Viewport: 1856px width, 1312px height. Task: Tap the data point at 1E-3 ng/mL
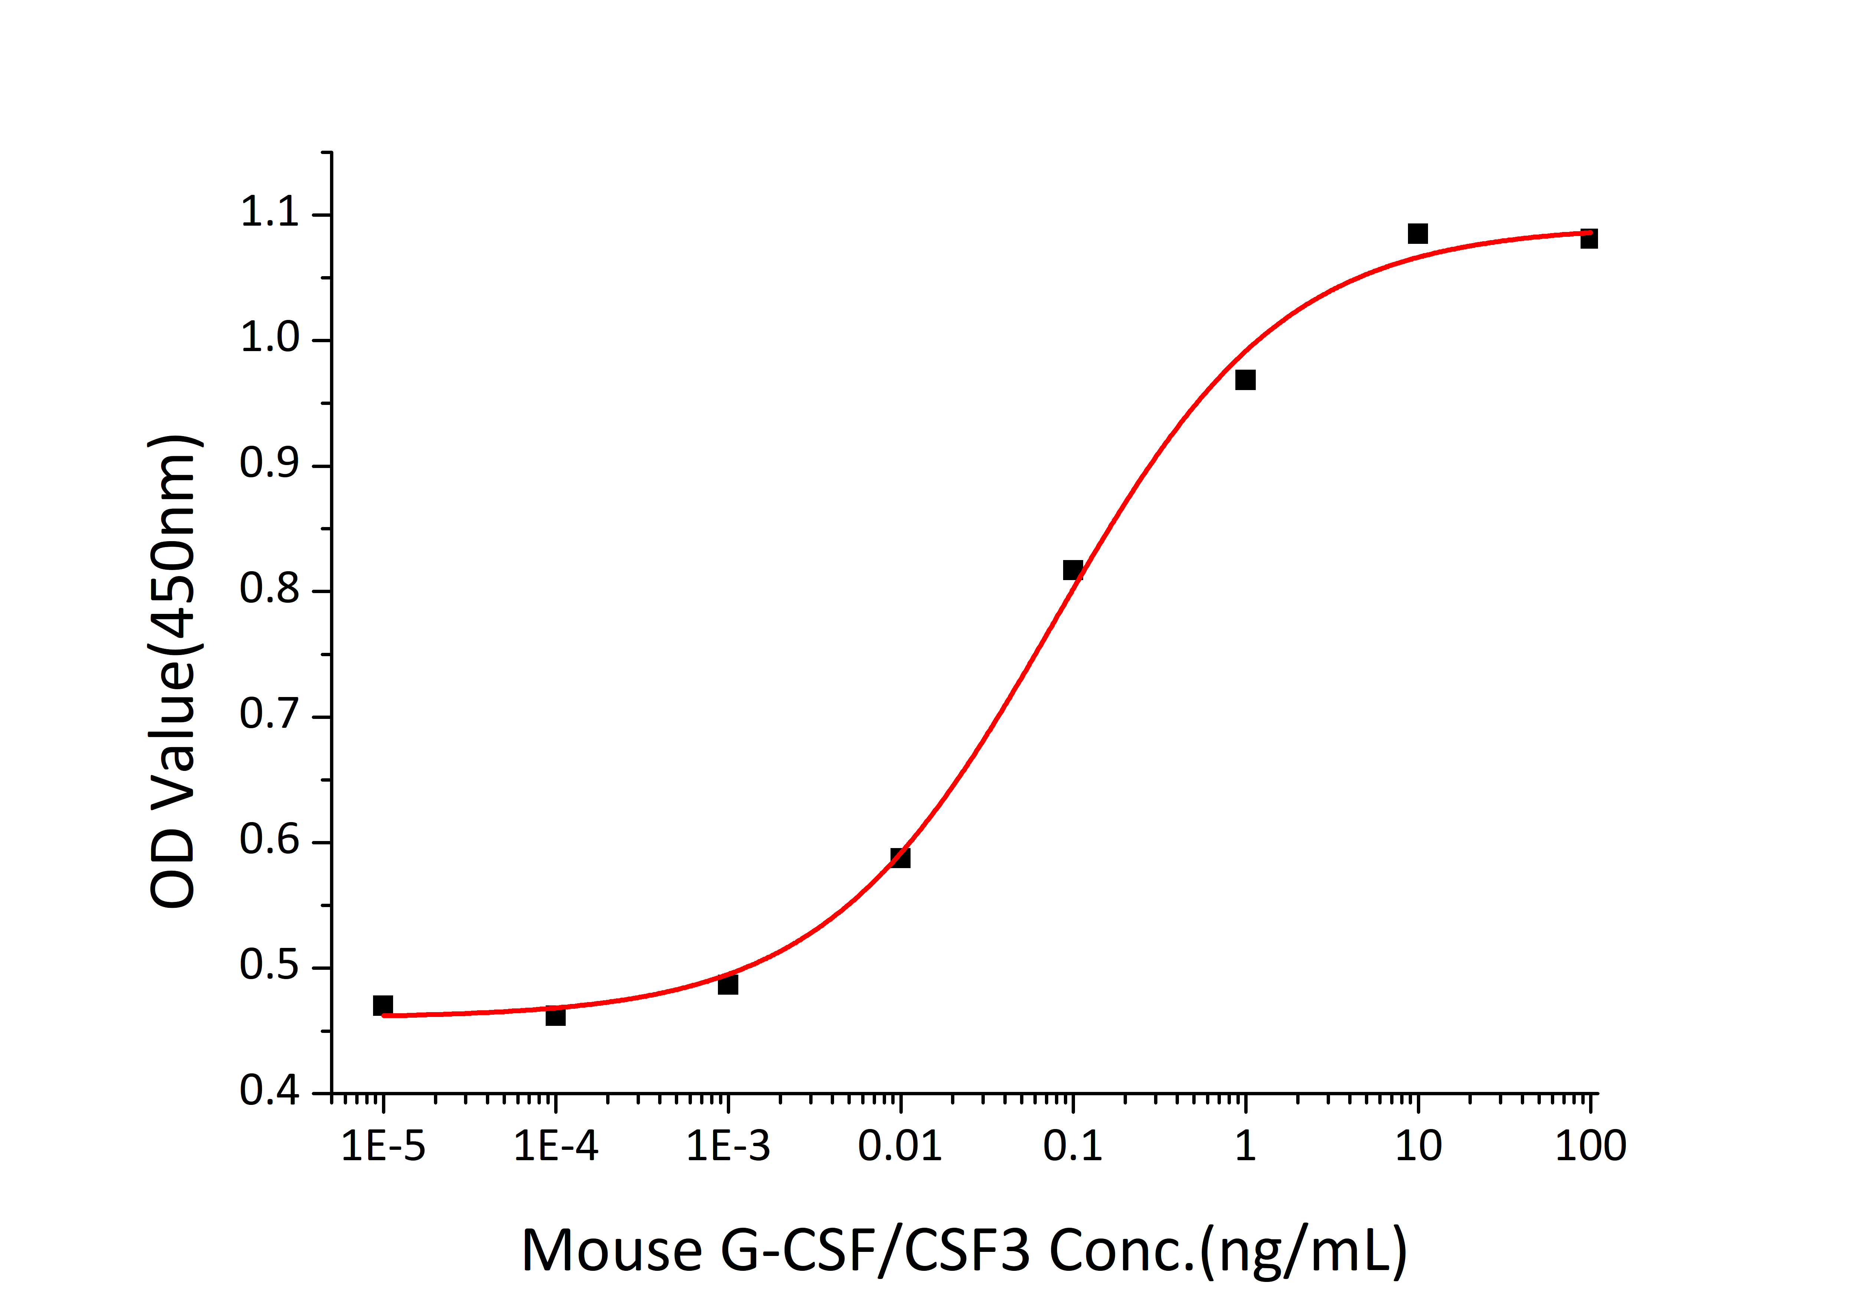[x=728, y=985]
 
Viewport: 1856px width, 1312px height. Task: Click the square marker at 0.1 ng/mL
[x=1073, y=570]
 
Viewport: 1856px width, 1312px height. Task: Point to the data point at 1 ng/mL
[x=1245, y=380]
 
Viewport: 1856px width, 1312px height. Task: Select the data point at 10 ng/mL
[x=1417, y=233]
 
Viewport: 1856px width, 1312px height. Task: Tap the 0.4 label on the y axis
[x=269, y=1091]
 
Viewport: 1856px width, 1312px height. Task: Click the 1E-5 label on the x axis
[x=383, y=1146]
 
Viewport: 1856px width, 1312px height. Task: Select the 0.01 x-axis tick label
[x=900, y=1146]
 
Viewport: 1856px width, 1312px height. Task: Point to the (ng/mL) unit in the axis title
[x=1303, y=1252]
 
